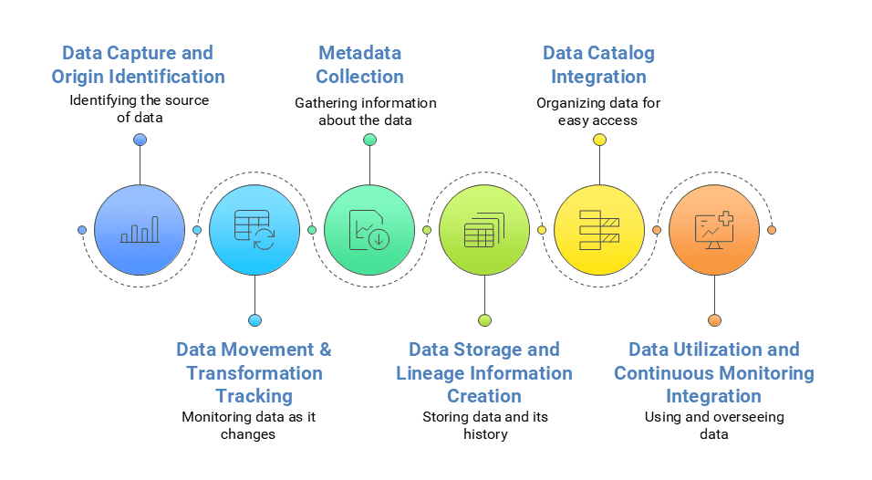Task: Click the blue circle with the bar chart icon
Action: (140, 230)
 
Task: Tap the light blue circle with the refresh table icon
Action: (254, 230)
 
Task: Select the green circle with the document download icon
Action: (369, 230)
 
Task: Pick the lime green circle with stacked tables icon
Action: (484, 230)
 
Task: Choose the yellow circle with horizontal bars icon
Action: (599, 230)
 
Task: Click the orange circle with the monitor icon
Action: (714, 230)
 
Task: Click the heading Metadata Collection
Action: (359, 65)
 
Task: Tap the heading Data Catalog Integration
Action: (598, 65)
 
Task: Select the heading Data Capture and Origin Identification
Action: (138, 65)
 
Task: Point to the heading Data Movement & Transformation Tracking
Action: (254, 372)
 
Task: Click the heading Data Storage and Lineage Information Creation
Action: (484, 372)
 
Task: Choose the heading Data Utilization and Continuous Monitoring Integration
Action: (714, 372)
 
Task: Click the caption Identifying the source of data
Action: (140, 109)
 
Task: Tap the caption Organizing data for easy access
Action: (598, 111)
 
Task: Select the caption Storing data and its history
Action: (484, 425)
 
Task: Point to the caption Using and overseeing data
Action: (714, 425)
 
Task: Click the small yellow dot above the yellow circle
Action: (599, 140)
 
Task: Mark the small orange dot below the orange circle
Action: (714, 320)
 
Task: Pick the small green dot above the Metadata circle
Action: (369, 140)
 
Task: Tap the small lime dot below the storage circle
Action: (484, 320)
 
